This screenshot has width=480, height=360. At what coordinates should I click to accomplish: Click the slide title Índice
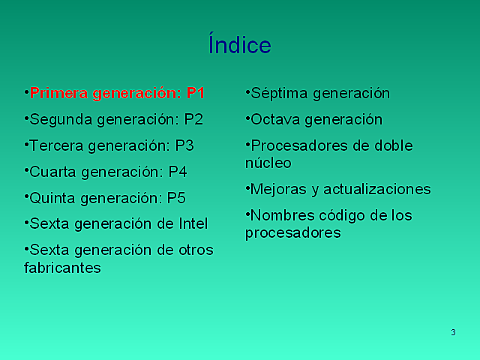click(239, 45)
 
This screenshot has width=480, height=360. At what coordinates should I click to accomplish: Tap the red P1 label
click(196, 93)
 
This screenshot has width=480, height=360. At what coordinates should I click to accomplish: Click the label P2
click(193, 119)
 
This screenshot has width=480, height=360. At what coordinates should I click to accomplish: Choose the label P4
click(178, 172)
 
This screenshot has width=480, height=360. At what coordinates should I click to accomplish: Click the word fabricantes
click(62, 267)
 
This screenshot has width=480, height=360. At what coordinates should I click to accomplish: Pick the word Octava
click(275, 119)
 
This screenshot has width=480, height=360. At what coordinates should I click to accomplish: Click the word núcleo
click(268, 163)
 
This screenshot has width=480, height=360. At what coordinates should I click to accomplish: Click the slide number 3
click(453, 332)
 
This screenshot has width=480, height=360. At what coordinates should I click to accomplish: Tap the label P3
click(184, 145)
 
